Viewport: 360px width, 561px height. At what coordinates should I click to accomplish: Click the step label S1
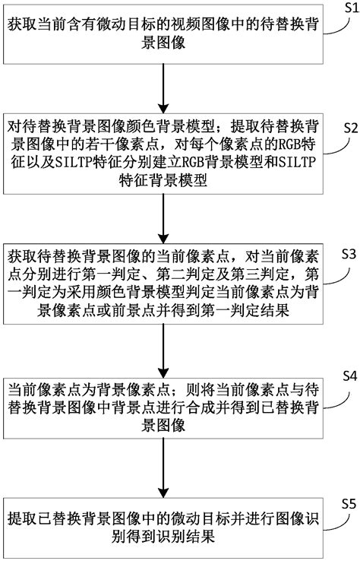(x=346, y=8)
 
